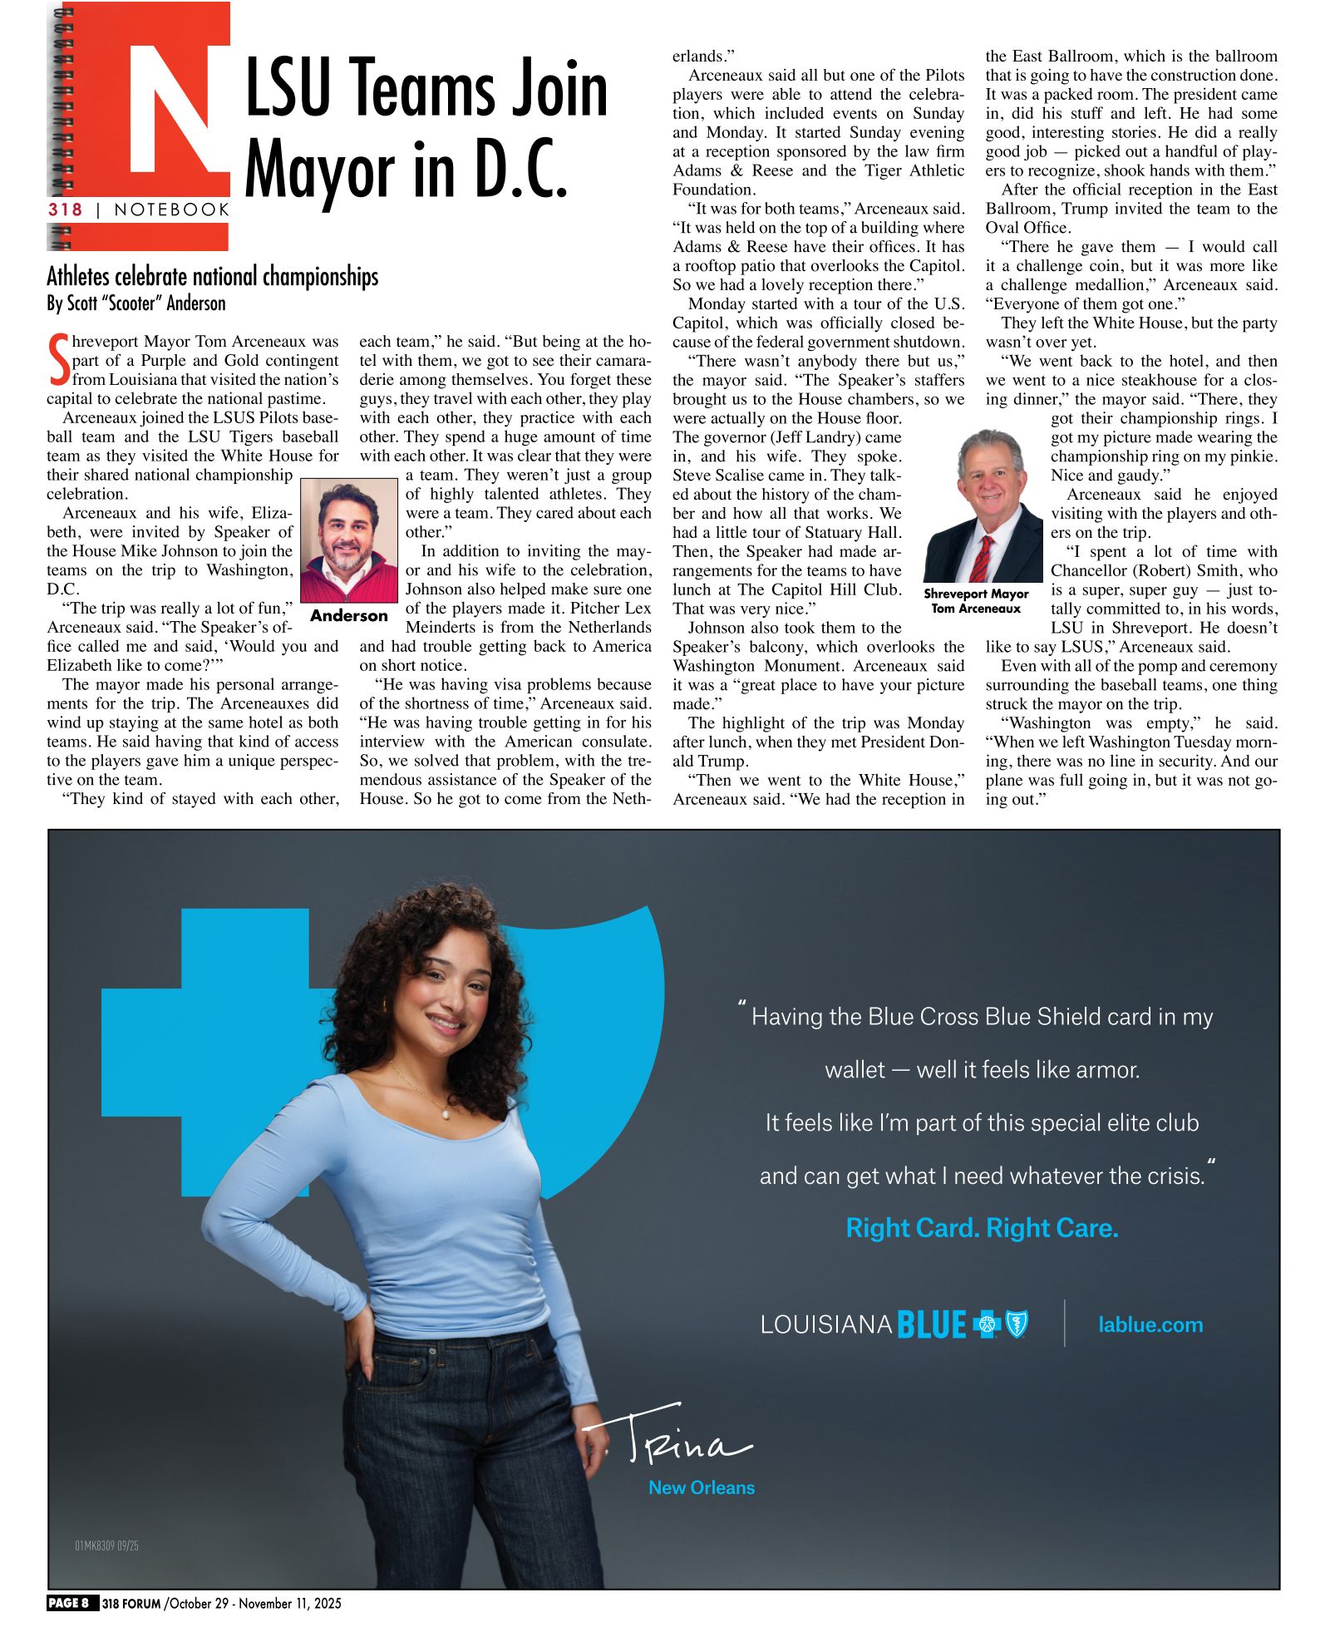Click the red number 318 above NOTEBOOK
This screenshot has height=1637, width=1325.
click(66, 210)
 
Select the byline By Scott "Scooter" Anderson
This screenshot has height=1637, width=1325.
click(136, 303)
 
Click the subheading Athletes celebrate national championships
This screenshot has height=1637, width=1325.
click(212, 276)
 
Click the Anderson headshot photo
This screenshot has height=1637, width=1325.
click(349, 540)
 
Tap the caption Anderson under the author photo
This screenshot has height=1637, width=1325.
click(349, 616)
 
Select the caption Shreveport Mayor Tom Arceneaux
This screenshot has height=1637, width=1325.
click(976, 601)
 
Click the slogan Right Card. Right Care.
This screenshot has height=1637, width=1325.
click(982, 1228)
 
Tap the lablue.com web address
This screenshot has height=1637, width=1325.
click(1150, 1324)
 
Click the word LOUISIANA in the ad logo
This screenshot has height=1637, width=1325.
click(826, 1324)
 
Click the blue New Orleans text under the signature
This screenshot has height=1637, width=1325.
click(702, 1487)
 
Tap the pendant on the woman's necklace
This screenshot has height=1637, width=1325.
click(446, 1112)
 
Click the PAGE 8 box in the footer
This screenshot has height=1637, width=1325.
click(73, 1603)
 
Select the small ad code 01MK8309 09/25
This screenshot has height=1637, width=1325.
click(107, 1546)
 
